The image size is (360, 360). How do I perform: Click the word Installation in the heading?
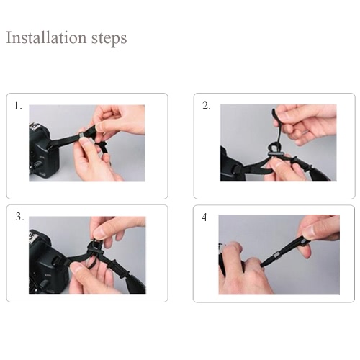coord(46,37)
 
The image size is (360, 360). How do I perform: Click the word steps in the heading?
coord(109,38)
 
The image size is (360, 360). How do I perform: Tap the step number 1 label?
coord(18,106)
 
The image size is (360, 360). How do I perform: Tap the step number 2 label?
coord(207,106)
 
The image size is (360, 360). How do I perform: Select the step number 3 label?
coord(20,217)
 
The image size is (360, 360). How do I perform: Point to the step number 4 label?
coord(204,217)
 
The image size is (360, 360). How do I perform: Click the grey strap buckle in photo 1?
coord(82,135)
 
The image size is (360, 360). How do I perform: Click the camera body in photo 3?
coord(47,262)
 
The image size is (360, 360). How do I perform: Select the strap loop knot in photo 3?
coord(94,250)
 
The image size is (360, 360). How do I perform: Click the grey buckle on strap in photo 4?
coord(276,254)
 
